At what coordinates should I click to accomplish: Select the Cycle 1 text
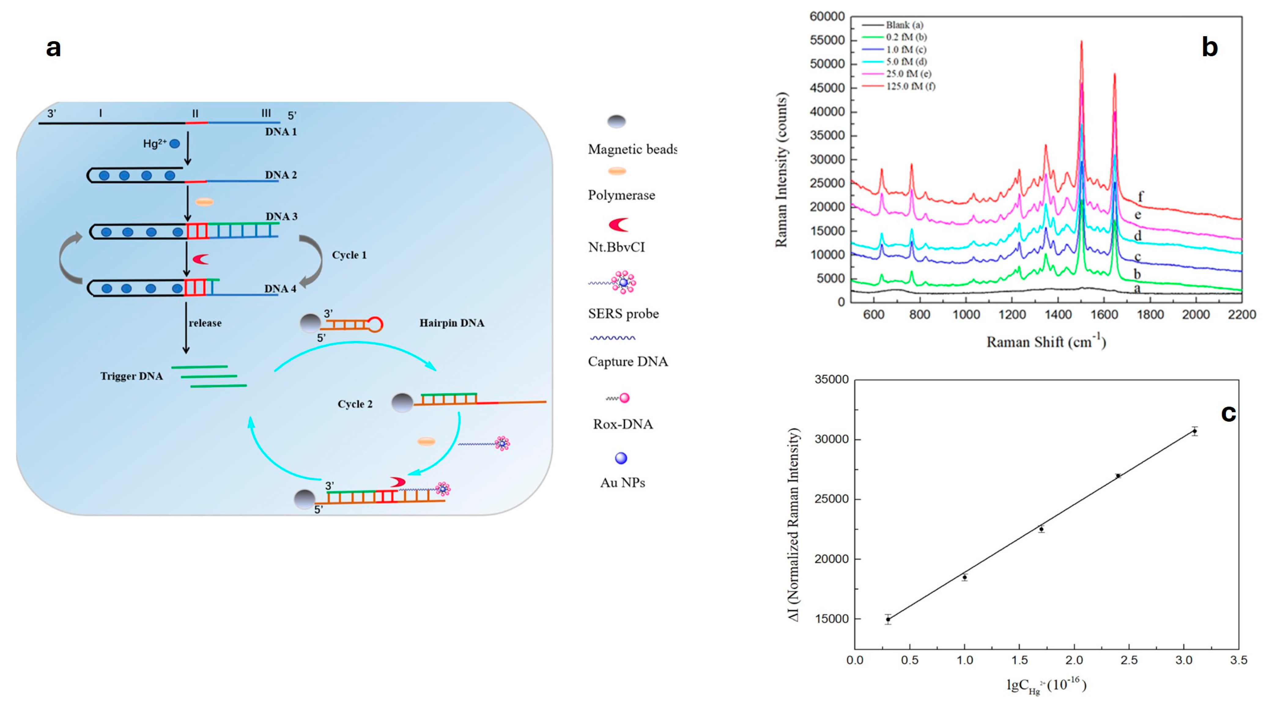(349, 255)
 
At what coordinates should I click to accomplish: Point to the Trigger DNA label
(131, 376)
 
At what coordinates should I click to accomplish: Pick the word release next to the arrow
(205, 323)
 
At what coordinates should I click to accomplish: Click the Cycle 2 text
(355, 404)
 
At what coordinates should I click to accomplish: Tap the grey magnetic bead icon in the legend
(616, 121)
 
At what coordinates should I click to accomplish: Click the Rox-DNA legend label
(623, 424)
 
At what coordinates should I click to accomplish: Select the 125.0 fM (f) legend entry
(910, 87)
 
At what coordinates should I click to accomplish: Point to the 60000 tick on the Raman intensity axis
(827, 17)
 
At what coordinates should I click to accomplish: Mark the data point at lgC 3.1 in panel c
(1194, 431)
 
